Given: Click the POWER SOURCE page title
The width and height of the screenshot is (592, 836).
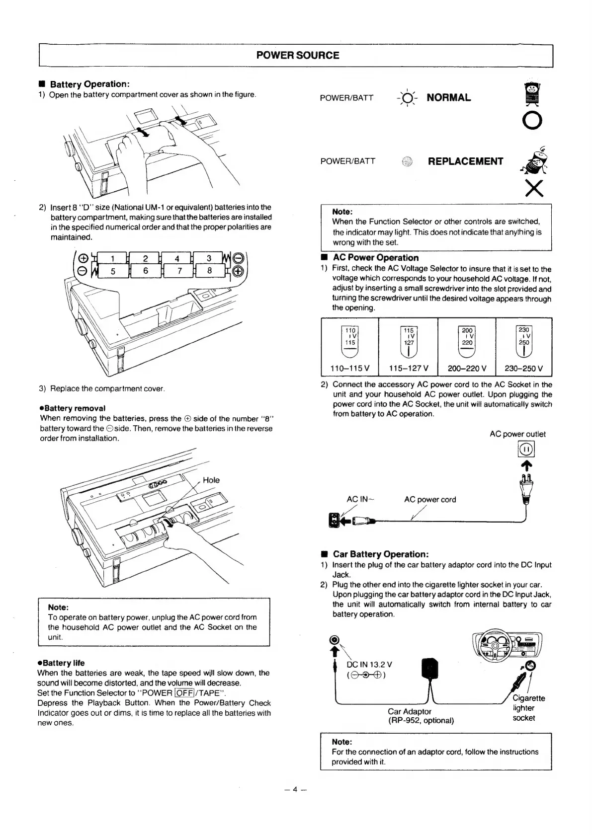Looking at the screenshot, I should tap(297, 56).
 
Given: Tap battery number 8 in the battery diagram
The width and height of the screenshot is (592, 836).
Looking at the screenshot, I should tap(209, 271).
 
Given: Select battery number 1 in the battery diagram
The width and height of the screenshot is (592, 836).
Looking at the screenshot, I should tap(113, 258).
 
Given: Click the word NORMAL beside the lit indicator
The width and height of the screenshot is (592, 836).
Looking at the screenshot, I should tap(448, 97).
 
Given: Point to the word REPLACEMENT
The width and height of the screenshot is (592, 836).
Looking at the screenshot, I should tap(465, 161).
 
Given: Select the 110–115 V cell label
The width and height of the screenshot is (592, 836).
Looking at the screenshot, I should tap(350, 369).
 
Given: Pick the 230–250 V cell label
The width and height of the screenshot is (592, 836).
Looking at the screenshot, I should tap(524, 369).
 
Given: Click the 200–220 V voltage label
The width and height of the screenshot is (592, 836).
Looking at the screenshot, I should tap(467, 369).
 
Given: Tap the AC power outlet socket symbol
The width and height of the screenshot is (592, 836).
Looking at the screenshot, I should tap(526, 450).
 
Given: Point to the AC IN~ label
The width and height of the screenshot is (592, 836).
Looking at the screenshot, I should tap(360, 500).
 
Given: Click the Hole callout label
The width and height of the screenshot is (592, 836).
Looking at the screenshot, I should tap(211, 480).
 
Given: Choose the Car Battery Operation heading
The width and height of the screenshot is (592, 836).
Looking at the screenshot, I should tap(380, 554).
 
